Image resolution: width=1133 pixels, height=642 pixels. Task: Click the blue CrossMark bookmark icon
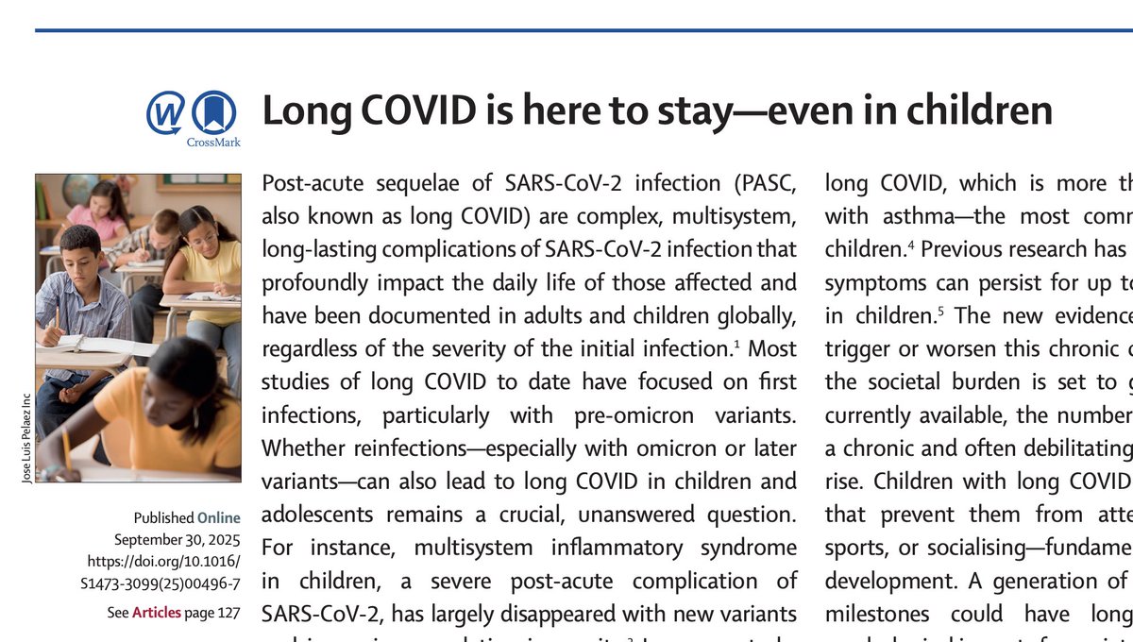tap(213, 113)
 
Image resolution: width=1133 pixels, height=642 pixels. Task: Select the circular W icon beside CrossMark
tap(166, 113)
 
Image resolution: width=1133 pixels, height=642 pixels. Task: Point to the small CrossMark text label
tap(213, 143)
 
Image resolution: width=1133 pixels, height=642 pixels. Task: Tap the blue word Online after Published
tap(218, 517)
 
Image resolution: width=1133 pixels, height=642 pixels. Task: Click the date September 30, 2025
tap(178, 540)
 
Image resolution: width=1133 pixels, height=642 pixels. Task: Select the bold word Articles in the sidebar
tap(156, 613)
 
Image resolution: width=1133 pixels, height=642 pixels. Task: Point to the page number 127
tap(228, 613)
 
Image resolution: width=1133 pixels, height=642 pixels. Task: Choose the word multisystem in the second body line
tap(736, 216)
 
